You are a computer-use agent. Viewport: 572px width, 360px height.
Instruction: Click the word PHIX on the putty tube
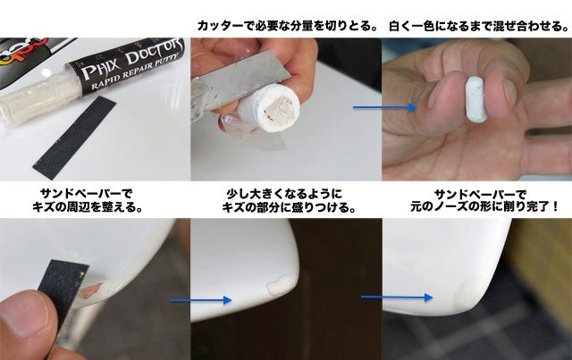pyautogui.click(x=99, y=68)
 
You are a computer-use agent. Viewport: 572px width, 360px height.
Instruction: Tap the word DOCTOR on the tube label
pyautogui.click(x=154, y=51)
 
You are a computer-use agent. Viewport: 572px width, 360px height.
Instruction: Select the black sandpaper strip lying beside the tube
pyautogui.click(x=74, y=138)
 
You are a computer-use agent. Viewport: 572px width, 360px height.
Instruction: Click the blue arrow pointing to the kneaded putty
pyautogui.click(x=384, y=107)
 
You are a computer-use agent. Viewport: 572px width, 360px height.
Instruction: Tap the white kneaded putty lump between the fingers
pyautogui.click(x=475, y=99)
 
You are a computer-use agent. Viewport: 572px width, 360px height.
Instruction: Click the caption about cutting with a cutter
pyautogui.click(x=287, y=26)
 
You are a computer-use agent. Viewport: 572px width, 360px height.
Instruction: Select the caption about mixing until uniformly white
pyautogui.click(x=479, y=26)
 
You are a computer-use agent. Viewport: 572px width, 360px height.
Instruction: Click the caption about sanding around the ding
pyautogui.click(x=87, y=200)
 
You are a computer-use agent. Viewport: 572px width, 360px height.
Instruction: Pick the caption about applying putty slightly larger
pyautogui.click(x=289, y=200)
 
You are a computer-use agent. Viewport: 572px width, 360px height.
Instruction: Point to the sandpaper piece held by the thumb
pyautogui.click(x=63, y=289)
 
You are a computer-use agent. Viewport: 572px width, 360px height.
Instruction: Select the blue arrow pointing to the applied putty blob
pyautogui.click(x=201, y=300)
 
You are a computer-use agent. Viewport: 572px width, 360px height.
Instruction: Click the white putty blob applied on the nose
pyautogui.click(x=281, y=285)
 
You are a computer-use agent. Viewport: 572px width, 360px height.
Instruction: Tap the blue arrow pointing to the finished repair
pyautogui.click(x=397, y=297)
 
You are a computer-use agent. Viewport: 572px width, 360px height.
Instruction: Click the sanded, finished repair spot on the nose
pyautogui.click(x=467, y=295)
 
